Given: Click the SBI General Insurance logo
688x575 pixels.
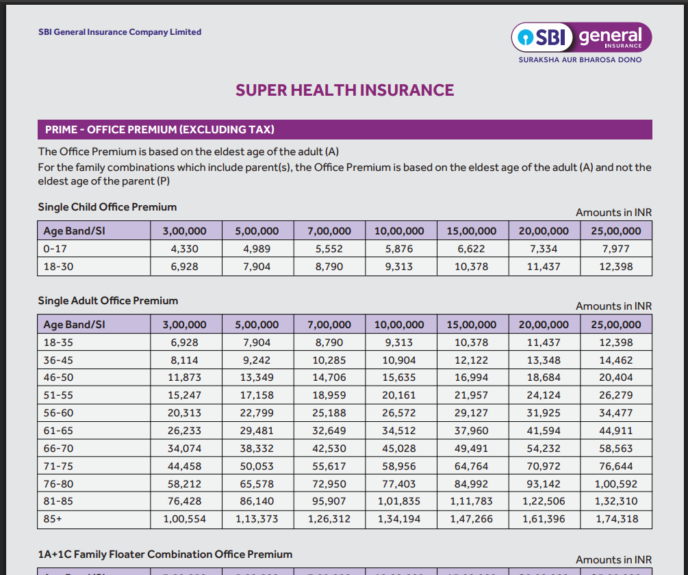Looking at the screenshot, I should pyautogui.click(x=581, y=37).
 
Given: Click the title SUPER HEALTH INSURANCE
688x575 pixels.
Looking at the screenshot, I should pyautogui.click(x=344, y=90).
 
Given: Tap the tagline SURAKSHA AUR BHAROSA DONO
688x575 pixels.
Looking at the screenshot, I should pyautogui.click(x=581, y=60).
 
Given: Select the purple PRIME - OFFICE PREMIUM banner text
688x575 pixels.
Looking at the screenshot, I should pyautogui.click(x=160, y=129).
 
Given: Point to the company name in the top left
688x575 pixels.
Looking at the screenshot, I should pyautogui.click(x=120, y=31).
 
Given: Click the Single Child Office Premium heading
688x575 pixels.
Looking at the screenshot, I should pyautogui.click(x=107, y=206).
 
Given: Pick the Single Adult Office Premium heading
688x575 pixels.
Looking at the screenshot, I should pyautogui.click(x=108, y=300).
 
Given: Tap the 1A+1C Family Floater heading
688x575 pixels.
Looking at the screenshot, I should pyautogui.click(x=165, y=554).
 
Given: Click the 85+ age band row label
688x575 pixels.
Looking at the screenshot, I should pyautogui.click(x=52, y=519).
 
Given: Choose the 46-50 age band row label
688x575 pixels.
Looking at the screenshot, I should pyautogui.click(x=58, y=377).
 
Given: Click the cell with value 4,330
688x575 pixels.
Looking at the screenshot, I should pyautogui.click(x=184, y=249).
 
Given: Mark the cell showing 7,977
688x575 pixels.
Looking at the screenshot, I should pyautogui.click(x=615, y=249).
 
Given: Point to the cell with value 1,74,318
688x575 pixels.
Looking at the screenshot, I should pyautogui.click(x=615, y=519).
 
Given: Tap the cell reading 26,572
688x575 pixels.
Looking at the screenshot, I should pyautogui.click(x=399, y=413).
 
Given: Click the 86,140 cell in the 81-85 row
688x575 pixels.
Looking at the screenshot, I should pyautogui.click(x=257, y=501).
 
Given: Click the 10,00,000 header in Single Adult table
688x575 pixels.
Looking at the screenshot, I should pyautogui.click(x=399, y=325).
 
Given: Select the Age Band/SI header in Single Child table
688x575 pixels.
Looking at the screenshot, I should pyautogui.click(x=74, y=231).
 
